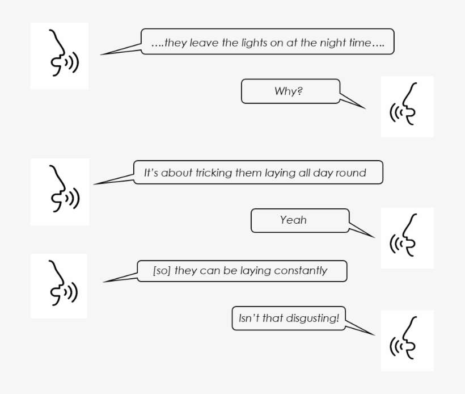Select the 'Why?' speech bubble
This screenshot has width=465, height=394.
289,91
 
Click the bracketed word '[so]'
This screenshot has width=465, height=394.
162,271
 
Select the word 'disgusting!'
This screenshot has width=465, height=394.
312,318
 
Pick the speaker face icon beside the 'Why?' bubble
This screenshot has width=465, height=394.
407,106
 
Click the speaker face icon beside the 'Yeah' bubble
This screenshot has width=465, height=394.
407,238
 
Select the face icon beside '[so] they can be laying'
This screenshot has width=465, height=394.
60,286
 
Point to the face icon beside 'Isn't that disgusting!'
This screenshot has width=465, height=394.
407,341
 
